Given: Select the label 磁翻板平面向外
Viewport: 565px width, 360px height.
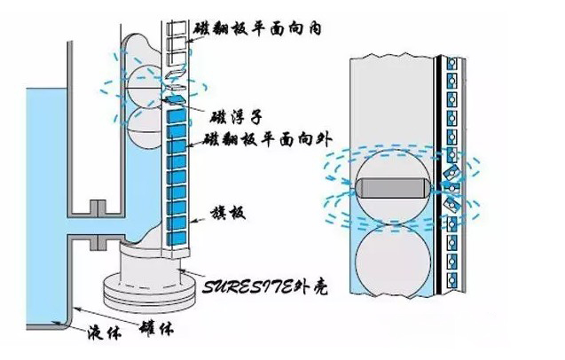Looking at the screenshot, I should pyautogui.click(x=258, y=139).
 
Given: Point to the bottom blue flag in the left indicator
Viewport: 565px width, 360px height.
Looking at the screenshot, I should pyautogui.click(x=177, y=237).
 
